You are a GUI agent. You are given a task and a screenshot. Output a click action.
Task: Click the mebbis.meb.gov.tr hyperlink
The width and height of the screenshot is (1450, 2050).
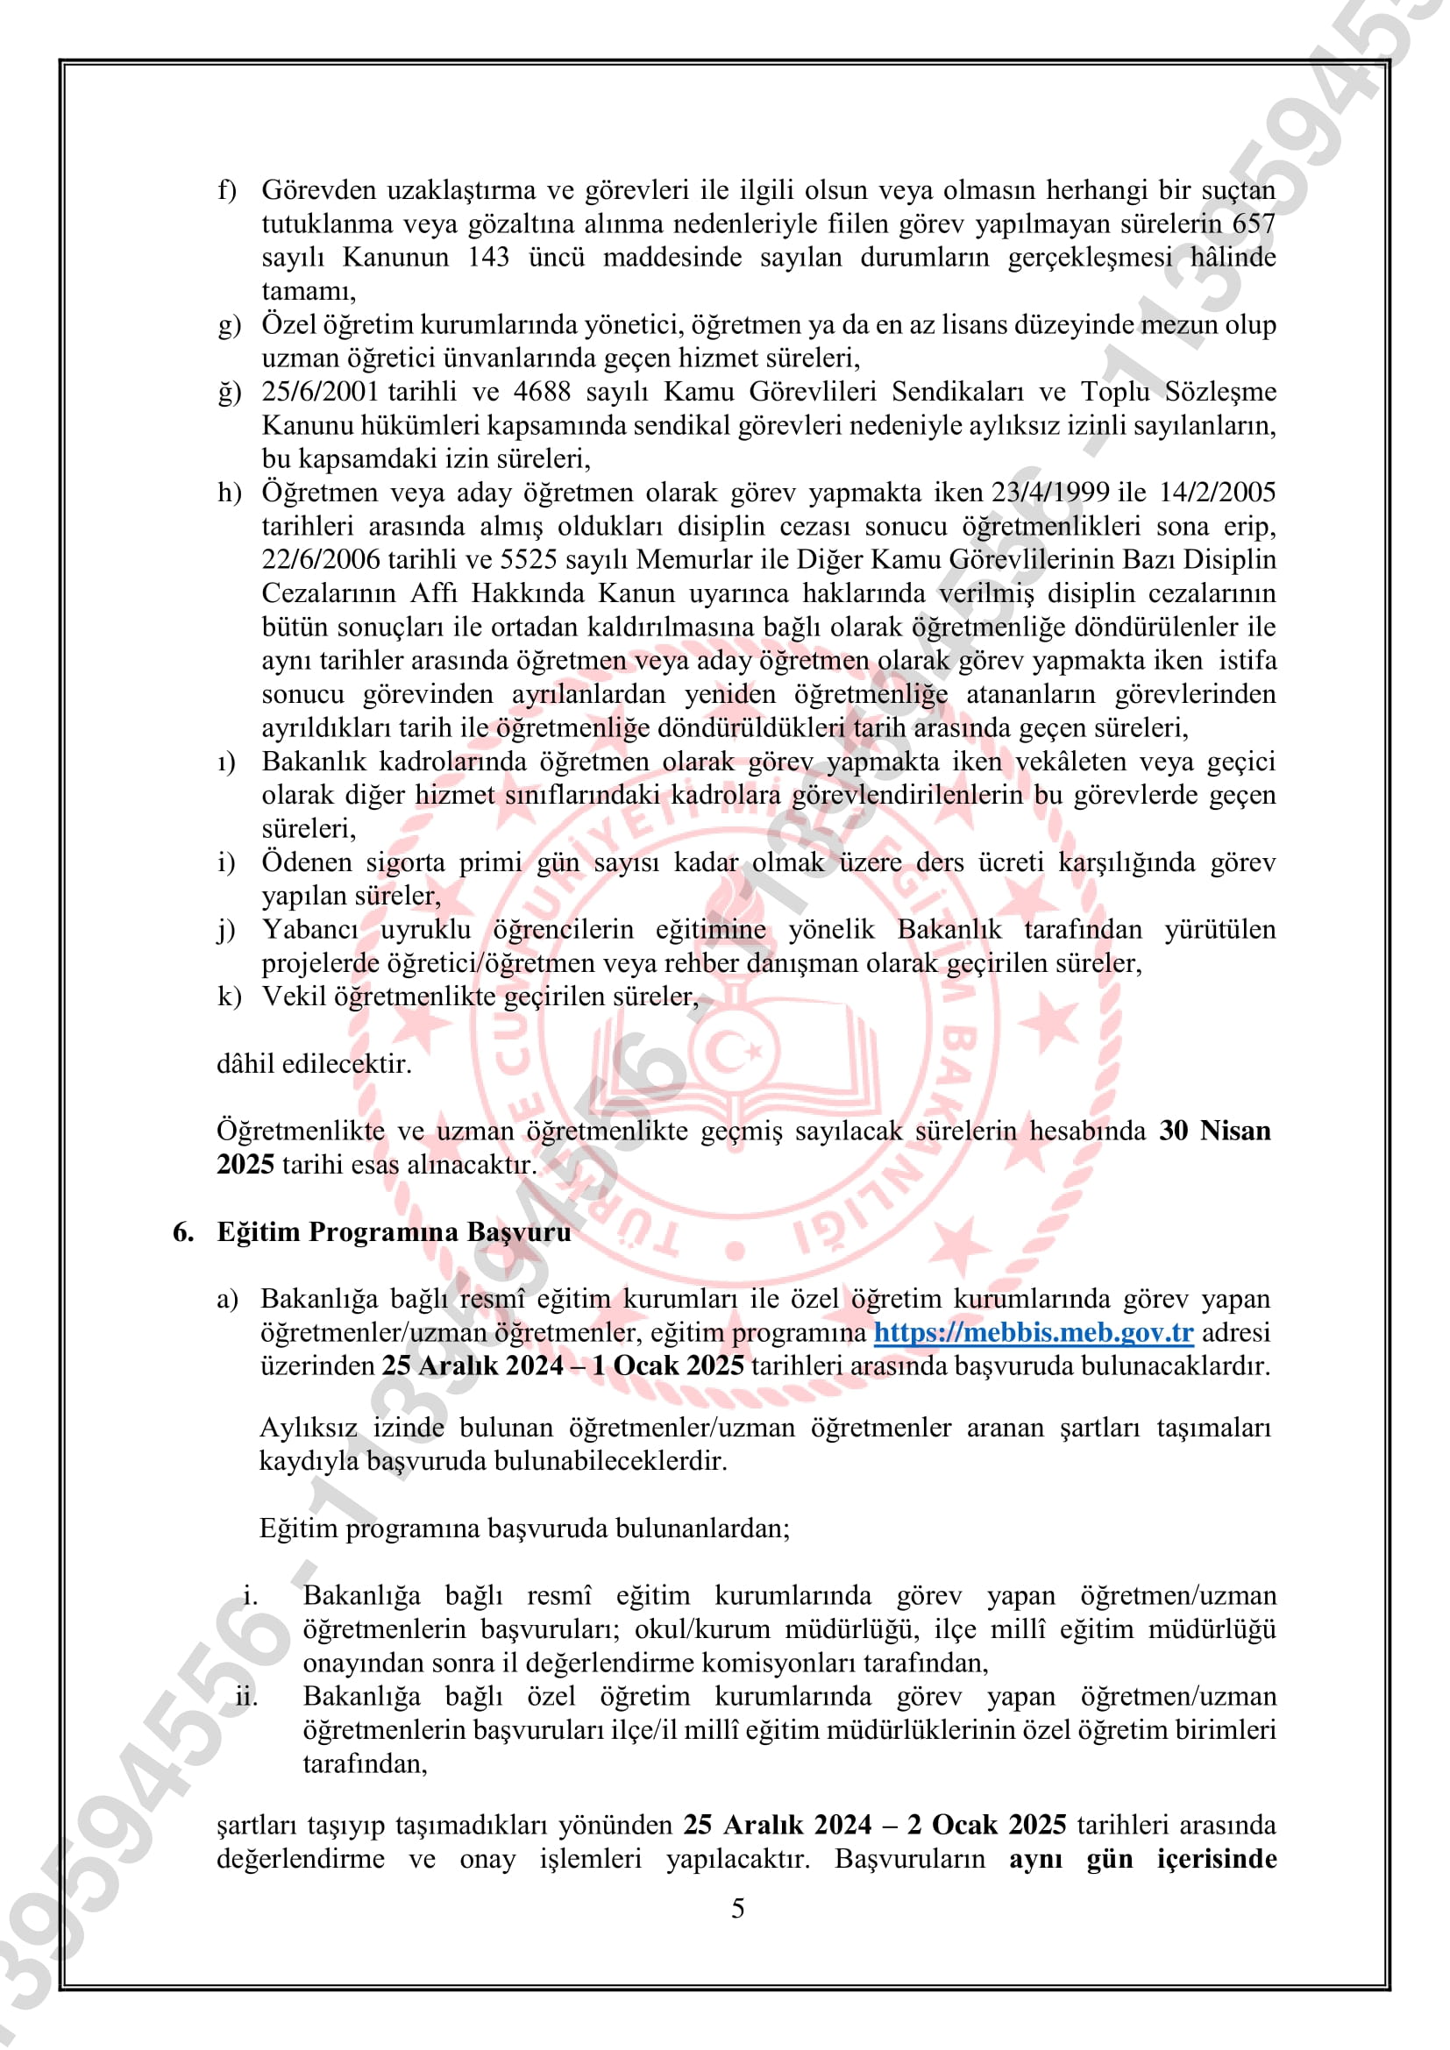(1033, 1333)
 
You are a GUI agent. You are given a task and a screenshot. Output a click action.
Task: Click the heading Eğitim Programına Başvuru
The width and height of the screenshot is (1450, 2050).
(394, 1232)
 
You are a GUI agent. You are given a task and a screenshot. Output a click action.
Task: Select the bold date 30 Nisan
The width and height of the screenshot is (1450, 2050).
(1214, 1131)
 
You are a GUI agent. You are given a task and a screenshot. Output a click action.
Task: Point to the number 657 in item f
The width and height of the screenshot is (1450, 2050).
(1253, 224)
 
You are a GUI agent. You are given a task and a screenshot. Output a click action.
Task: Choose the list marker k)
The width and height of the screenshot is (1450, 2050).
(229, 997)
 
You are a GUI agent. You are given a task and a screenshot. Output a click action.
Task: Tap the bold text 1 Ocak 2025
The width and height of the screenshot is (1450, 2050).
(667, 1367)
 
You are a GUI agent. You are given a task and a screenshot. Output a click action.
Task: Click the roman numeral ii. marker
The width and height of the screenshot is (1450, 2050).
(246, 1697)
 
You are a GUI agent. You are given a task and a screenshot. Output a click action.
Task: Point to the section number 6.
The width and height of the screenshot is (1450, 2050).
(183, 1232)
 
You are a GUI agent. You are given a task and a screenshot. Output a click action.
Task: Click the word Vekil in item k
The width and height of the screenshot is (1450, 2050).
(294, 997)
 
